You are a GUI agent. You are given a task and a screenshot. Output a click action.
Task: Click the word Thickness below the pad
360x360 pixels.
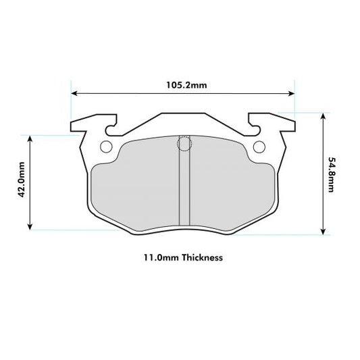pyautogui.click(x=200, y=257)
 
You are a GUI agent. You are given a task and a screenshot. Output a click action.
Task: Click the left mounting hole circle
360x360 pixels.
pyautogui.click(x=107, y=147)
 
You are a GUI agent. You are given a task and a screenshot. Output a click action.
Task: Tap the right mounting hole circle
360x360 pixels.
pyautogui.click(x=259, y=147)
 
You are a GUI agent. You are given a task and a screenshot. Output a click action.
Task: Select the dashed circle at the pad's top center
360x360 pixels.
pyautogui.click(x=183, y=143)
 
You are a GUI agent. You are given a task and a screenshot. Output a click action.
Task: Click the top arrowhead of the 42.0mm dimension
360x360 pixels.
pyautogui.click(x=30, y=138)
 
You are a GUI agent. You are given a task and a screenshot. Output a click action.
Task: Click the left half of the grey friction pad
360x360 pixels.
pyautogui.click(x=135, y=189)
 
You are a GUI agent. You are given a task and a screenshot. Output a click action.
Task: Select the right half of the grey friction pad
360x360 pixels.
pyautogui.click(x=230, y=189)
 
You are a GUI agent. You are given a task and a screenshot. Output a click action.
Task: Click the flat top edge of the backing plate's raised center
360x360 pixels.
pyautogui.click(x=183, y=113)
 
